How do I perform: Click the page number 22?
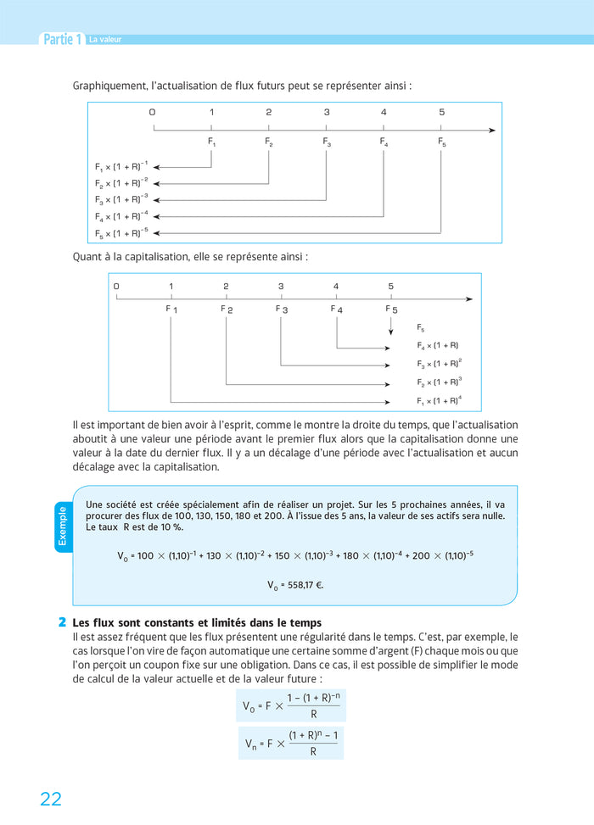pos(51,798)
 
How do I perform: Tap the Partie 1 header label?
pos(63,39)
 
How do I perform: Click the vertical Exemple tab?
pos(63,526)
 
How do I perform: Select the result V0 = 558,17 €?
pos(296,585)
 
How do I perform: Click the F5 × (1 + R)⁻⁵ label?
pos(121,233)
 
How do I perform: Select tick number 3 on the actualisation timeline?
pos(326,112)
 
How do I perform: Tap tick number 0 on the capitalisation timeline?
pos(116,287)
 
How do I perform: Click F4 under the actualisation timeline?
pos(384,143)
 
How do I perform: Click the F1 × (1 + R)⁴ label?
pos(439,401)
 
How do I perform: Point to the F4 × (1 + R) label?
pos(437,346)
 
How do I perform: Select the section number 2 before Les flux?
pos(63,622)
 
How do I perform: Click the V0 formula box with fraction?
pos(290,705)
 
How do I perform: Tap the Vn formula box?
pos(290,743)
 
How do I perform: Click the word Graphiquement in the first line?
pos(110,86)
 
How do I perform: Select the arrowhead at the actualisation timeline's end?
pos(492,130)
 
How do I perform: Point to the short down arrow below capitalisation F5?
pos(391,326)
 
